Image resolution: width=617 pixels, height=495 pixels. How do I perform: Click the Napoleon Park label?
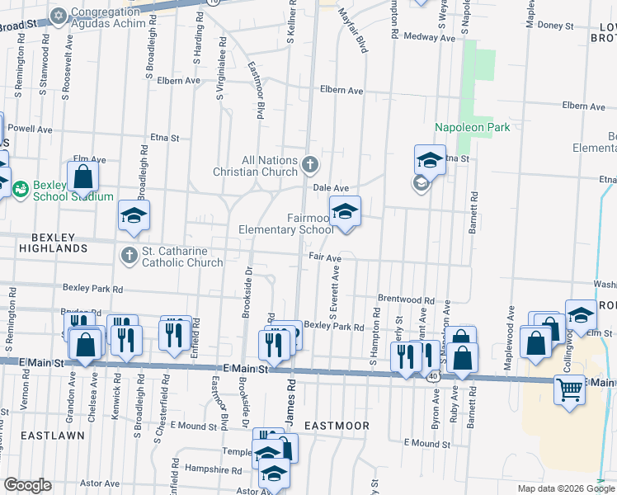tap(473, 127)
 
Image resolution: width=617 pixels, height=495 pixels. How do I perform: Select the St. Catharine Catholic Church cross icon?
tap(129, 256)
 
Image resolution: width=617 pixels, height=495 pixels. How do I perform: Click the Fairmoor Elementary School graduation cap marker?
tap(345, 211)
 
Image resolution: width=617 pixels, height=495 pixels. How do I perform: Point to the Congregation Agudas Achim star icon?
tap(59, 15)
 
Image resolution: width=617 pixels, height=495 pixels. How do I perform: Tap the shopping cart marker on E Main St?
tap(569, 389)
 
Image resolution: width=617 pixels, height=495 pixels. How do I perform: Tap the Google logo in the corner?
tap(27, 485)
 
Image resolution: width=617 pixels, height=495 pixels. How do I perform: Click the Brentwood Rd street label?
tap(406, 300)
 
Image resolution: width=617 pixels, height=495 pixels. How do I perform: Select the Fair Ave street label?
tap(325, 258)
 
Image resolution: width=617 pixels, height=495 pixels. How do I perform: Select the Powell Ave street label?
tap(30, 130)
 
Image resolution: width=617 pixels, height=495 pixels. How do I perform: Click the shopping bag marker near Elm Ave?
tap(83, 177)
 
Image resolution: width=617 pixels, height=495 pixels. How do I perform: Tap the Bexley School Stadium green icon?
tap(21, 188)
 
